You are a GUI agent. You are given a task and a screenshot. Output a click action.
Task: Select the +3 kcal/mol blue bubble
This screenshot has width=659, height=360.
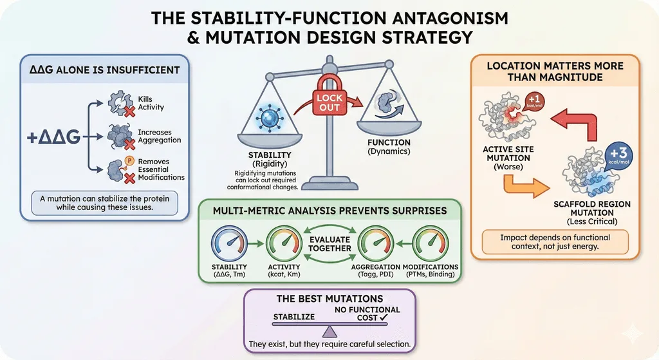(x=618, y=156)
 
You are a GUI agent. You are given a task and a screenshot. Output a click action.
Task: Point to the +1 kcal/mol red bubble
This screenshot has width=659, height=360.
(x=534, y=101)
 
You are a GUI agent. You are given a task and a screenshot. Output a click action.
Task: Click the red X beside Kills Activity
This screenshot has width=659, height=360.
(x=130, y=111)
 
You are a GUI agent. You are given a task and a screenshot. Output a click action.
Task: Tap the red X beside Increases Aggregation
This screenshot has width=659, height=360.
(x=129, y=144)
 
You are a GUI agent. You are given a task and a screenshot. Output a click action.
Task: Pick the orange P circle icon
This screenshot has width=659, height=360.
(x=129, y=160)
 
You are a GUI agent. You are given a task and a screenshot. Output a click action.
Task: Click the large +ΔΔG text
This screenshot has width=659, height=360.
(x=53, y=137)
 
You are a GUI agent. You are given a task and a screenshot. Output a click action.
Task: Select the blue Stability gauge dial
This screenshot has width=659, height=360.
(x=229, y=243)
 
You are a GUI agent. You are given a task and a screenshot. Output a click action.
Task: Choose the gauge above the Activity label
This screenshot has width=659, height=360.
(x=284, y=243)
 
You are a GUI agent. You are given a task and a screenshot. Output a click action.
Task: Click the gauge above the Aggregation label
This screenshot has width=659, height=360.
(x=375, y=243)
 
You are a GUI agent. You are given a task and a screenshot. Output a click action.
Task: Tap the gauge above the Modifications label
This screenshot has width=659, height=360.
(x=431, y=243)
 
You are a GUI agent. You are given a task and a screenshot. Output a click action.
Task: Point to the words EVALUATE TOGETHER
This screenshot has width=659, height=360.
(x=329, y=244)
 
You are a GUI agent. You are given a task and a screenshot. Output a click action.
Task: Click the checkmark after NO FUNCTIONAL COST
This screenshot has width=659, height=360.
(x=384, y=318)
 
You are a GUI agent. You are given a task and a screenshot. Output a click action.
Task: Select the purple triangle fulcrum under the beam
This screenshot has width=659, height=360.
(x=329, y=332)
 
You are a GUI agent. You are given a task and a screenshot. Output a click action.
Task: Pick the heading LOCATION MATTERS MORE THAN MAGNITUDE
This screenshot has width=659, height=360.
(x=555, y=71)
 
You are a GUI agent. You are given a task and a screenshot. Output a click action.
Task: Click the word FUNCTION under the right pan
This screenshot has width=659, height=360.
(x=389, y=142)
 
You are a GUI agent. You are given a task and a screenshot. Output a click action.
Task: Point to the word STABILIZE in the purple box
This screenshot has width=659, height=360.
(x=293, y=317)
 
